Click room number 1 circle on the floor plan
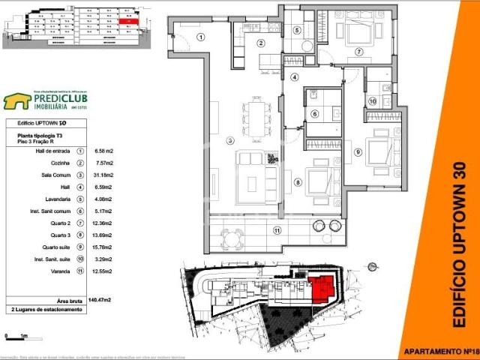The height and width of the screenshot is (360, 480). click(201, 37)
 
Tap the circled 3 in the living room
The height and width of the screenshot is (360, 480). click(211, 140)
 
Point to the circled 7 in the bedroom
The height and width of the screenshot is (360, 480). click(359, 52)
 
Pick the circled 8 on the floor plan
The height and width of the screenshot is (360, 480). click(298, 181)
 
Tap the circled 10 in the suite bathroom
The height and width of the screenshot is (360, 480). click(372, 101)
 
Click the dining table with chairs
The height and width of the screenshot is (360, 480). click(257, 117)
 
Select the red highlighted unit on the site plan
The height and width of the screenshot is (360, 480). click(323, 288)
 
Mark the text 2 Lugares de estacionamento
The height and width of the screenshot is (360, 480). click(49, 309)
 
